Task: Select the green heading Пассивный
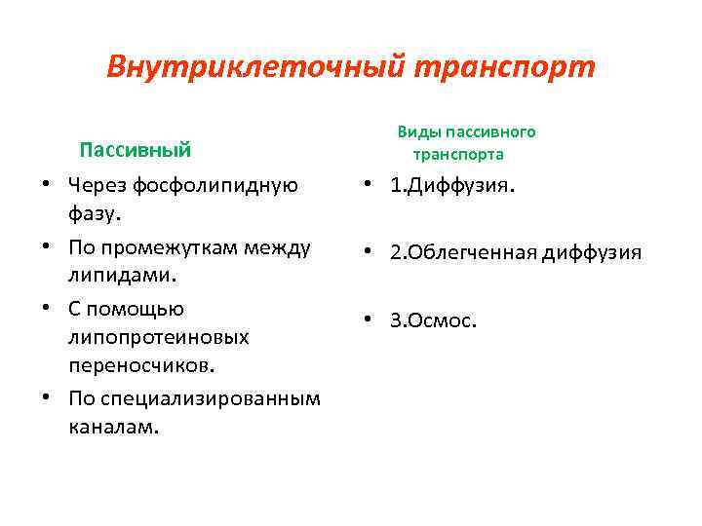pyautogui.click(x=135, y=150)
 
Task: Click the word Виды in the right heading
pyautogui.click(x=416, y=131)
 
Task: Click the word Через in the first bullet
pyautogui.click(x=95, y=185)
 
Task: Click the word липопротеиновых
pyautogui.click(x=158, y=336)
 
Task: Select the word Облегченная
pyautogui.click(x=472, y=253)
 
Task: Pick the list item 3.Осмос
pyautogui.click(x=434, y=320)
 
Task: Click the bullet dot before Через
pyautogui.click(x=46, y=185)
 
